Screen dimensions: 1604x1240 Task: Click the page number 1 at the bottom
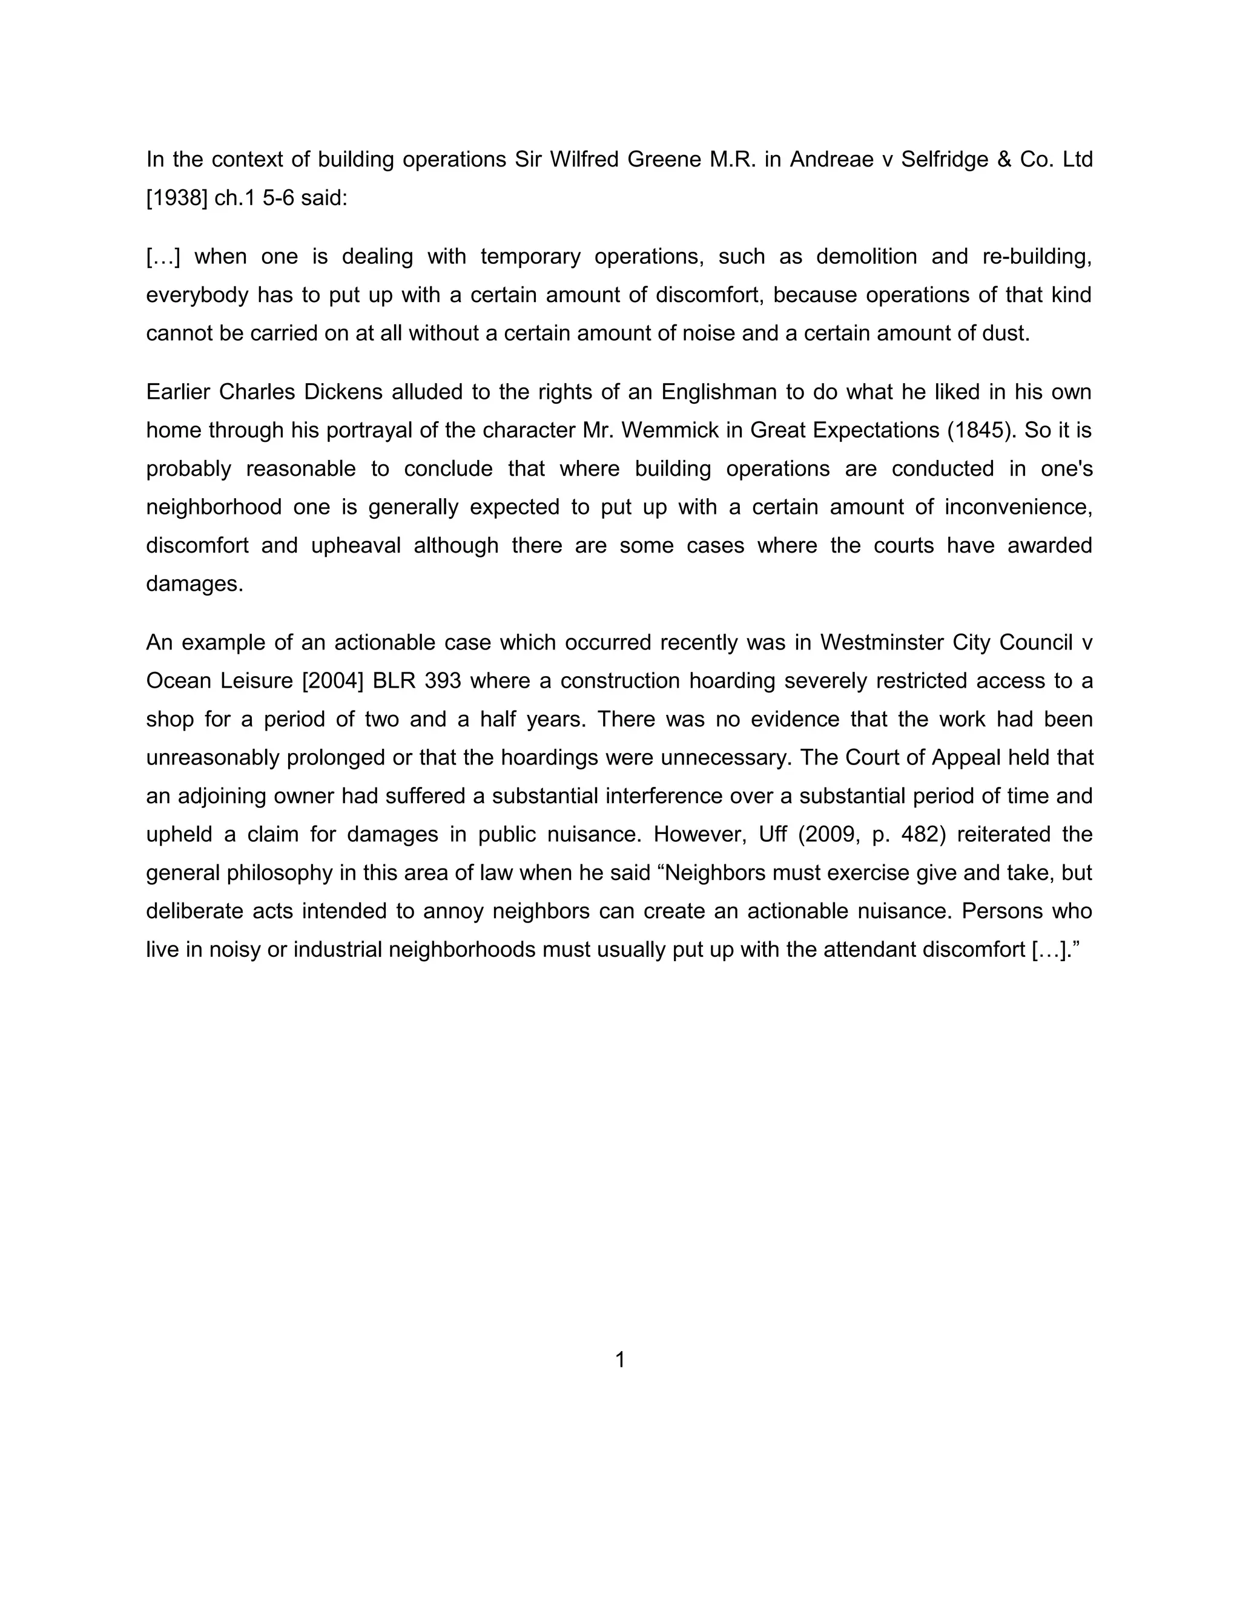click(x=619, y=1359)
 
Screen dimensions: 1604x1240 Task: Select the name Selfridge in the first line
click(x=944, y=159)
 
